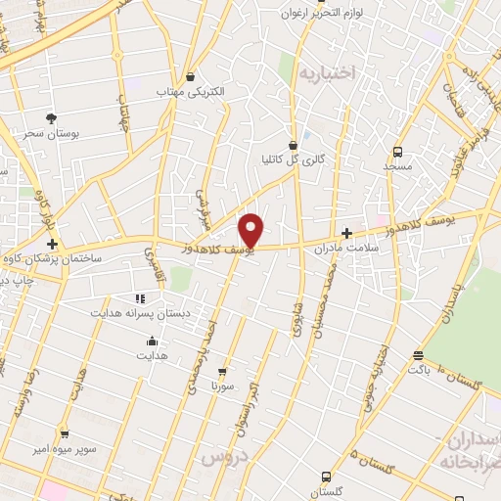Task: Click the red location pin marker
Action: (x=252, y=231)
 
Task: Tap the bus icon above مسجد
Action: (x=397, y=152)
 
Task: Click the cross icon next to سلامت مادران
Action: (x=347, y=233)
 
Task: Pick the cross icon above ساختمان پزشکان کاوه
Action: (x=52, y=244)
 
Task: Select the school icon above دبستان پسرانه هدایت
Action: (x=138, y=297)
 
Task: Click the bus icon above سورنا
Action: (x=223, y=371)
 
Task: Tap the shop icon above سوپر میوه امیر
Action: (x=65, y=433)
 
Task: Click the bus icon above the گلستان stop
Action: (x=326, y=476)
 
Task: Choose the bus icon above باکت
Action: (x=418, y=355)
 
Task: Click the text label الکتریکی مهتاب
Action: (x=191, y=92)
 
